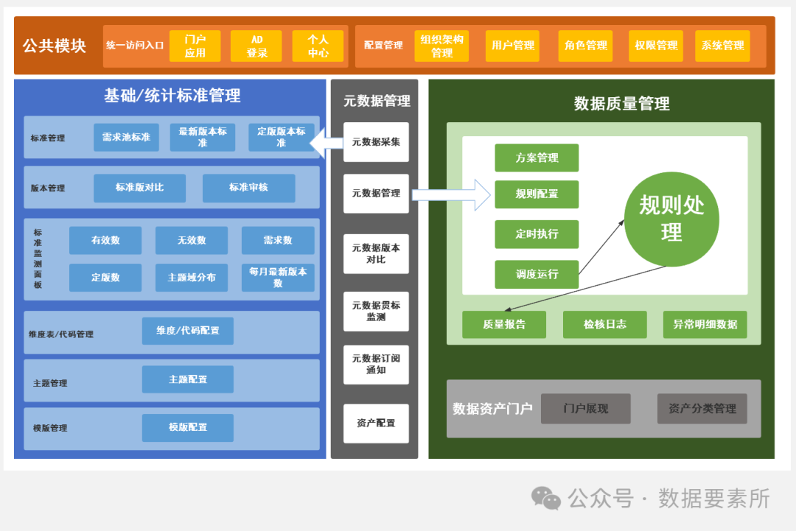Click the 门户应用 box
(x=195, y=46)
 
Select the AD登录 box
(x=256, y=46)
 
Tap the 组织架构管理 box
(x=441, y=46)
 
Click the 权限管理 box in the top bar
(x=655, y=46)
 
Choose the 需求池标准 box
(x=126, y=138)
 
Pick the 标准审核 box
(x=248, y=188)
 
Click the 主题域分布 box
(x=192, y=278)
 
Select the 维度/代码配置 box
(x=187, y=331)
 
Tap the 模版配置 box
(x=187, y=427)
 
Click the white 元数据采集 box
(x=376, y=142)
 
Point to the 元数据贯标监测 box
(x=376, y=311)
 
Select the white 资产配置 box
(x=376, y=423)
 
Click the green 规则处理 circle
(x=671, y=219)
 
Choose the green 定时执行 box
(x=537, y=234)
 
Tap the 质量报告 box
(x=504, y=325)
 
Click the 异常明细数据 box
(x=705, y=325)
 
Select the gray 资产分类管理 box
(x=702, y=409)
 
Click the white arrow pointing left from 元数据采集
(x=326, y=142)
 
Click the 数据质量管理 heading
(x=621, y=104)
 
